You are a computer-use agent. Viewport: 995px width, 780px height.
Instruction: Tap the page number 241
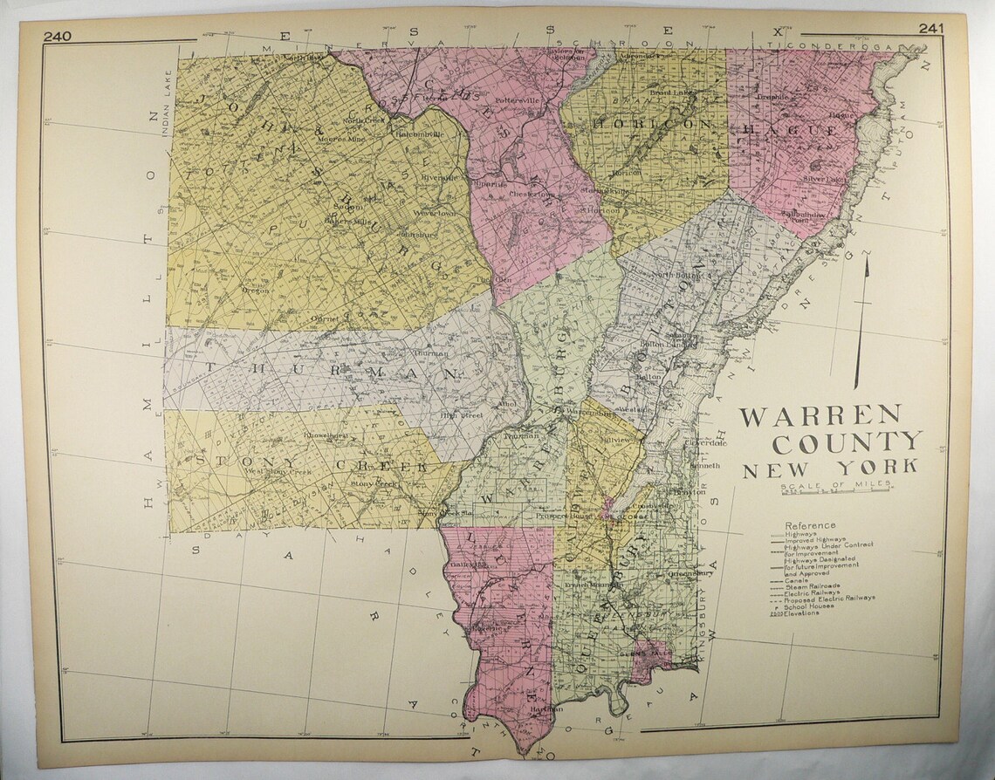pyautogui.click(x=932, y=30)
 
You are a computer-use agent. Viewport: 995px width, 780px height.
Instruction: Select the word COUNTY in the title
pyautogui.click(x=846, y=442)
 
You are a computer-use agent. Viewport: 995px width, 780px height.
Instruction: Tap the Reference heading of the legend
pyautogui.click(x=810, y=525)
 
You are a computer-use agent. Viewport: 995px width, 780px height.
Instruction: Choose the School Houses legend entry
pyautogui.click(x=809, y=606)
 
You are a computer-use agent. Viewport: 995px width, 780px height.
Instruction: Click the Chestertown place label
pyautogui.click(x=531, y=194)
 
